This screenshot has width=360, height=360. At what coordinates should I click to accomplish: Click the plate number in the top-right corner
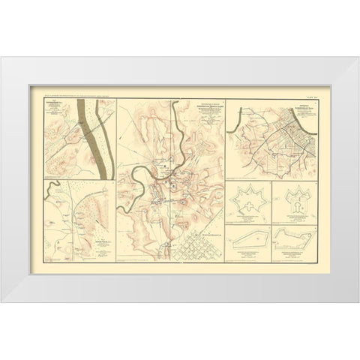(x=310, y=97)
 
